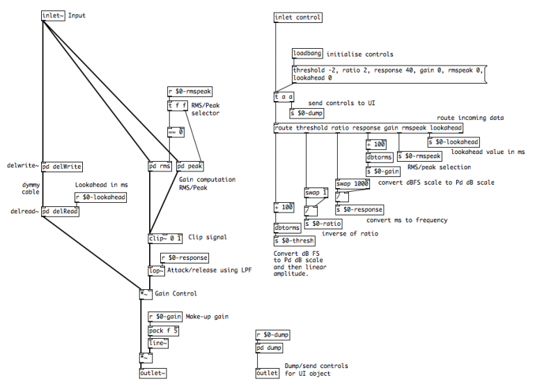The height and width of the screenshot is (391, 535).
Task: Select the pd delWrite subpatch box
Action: [x=62, y=167]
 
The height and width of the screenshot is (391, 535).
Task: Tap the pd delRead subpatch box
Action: [x=60, y=211]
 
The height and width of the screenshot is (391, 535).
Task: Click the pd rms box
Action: [x=160, y=167]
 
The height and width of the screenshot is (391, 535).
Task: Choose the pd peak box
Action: [x=189, y=167]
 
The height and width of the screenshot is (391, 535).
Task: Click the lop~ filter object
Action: [x=156, y=271]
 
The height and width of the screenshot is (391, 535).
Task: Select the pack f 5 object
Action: [x=164, y=330]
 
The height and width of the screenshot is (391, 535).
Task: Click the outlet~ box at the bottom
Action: [x=153, y=373]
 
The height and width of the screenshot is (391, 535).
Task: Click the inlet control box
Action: [x=298, y=17]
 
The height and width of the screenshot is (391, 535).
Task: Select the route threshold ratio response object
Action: [x=369, y=128]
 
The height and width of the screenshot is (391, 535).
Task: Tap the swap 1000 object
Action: [x=352, y=184]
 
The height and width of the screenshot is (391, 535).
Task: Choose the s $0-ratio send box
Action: [x=323, y=224]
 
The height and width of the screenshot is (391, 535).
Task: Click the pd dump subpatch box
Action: [x=270, y=348]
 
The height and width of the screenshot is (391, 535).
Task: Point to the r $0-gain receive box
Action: [x=165, y=316]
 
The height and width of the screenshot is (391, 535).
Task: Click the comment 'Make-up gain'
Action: [x=207, y=317]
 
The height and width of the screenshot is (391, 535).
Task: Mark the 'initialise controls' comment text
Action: [x=360, y=54]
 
